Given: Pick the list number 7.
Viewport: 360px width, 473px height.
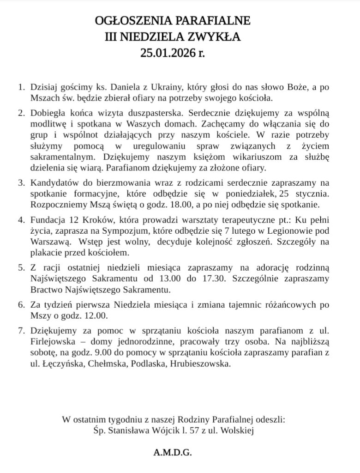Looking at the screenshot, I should point(20,331).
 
